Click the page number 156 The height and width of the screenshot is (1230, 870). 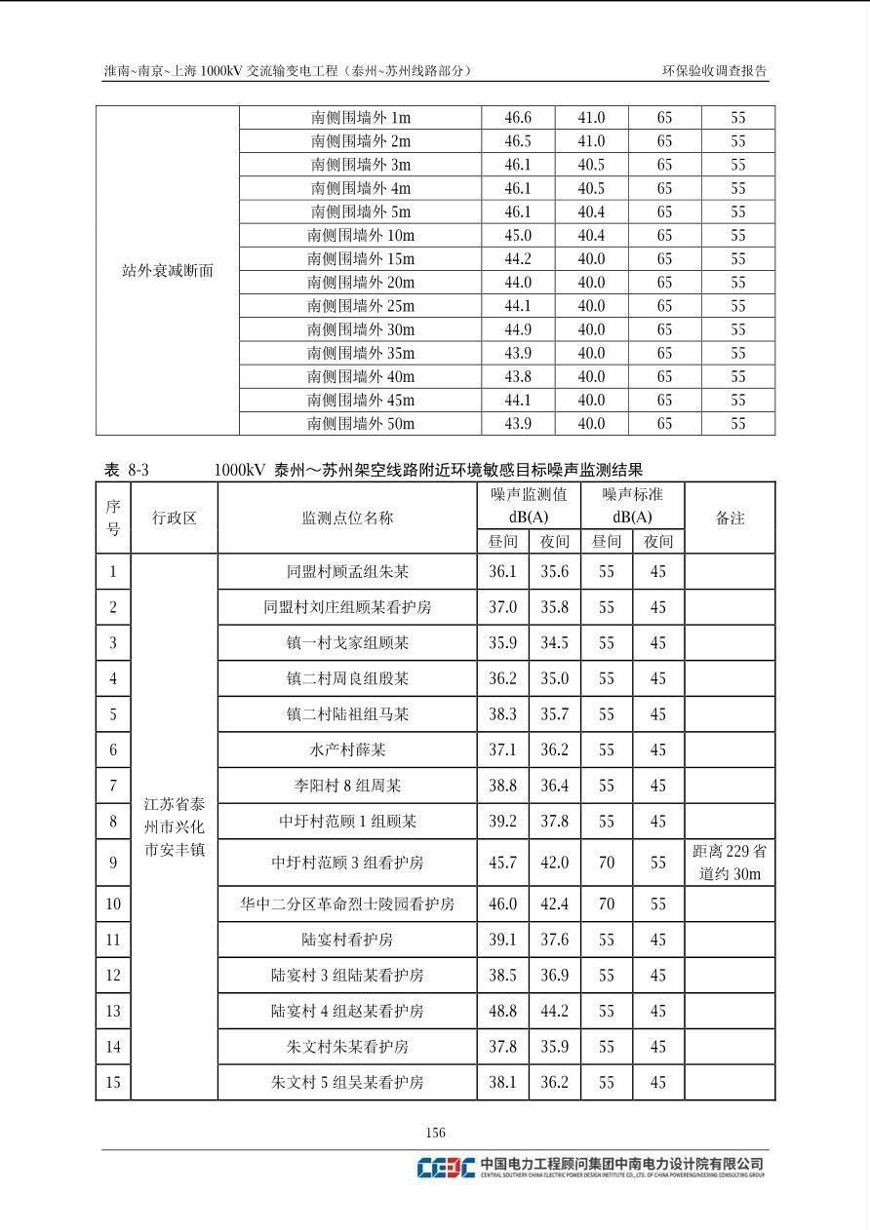pyautogui.click(x=435, y=1133)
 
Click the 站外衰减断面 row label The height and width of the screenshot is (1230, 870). pyautogui.click(x=167, y=271)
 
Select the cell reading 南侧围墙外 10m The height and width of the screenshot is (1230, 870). pyautogui.click(x=360, y=236)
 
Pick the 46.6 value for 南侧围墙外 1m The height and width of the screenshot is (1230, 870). pyautogui.click(x=518, y=118)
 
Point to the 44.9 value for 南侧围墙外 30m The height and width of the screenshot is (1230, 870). pyautogui.click(x=518, y=329)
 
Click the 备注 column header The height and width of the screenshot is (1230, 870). pyautogui.click(x=730, y=518)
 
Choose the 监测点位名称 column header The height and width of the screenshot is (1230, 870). pyautogui.click(x=346, y=518)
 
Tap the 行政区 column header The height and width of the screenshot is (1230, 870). pyautogui.click(x=174, y=518)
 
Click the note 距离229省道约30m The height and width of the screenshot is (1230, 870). pyautogui.click(x=730, y=863)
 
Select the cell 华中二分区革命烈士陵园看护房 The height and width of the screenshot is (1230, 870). pyautogui.click(x=346, y=903)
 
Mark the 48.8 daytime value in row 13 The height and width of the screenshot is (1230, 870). pyautogui.click(x=502, y=1011)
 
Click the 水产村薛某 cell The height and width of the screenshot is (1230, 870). pyautogui.click(x=346, y=750)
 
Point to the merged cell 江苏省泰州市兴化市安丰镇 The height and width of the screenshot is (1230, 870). pyautogui.click(x=174, y=826)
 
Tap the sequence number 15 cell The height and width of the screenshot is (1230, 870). pyautogui.click(x=113, y=1082)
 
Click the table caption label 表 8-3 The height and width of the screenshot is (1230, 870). pyautogui.click(x=126, y=470)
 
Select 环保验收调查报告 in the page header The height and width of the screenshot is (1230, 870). pyautogui.click(x=715, y=71)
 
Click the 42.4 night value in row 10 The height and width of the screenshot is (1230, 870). pyautogui.click(x=554, y=903)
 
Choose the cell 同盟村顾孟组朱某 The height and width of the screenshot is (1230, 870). pyautogui.click(x=346, y=572)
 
